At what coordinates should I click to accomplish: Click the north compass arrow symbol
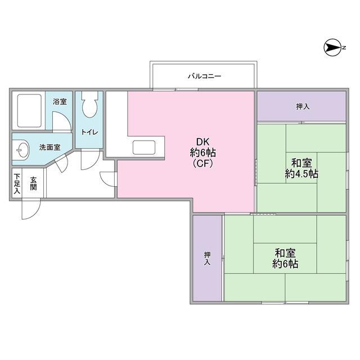(332, 48)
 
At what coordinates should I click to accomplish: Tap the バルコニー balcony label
(205, 76)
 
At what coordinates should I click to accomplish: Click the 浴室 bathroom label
(60, 101)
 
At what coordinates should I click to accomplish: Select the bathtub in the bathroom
(29, 110)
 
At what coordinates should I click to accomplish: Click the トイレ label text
(90, 132)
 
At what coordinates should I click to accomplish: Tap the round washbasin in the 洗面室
(22, 150)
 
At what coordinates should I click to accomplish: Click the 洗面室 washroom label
(50, 147)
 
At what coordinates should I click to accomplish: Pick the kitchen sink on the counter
(144, 147)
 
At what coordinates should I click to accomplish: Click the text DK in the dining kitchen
(202, 142)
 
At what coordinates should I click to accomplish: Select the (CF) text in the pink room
(202, 163)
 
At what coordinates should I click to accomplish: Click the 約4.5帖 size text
(301, 174)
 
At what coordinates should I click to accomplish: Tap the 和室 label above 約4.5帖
(301, 163)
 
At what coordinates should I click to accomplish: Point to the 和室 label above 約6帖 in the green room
(285, 253)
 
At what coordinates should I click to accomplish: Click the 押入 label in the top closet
(303, 106)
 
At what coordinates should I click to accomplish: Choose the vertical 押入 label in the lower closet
(208, 258)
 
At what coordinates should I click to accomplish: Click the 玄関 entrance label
(34, 183)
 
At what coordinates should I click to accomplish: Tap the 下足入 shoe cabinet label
(17, 183)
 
